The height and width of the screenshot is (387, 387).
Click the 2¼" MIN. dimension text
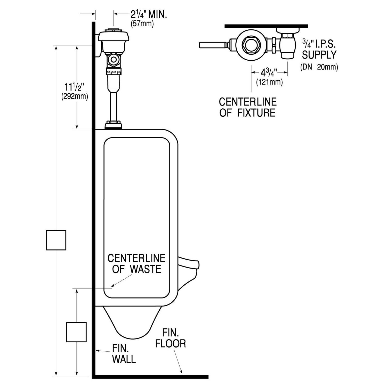pos(149,14)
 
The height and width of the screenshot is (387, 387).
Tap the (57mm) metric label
pos(142,24)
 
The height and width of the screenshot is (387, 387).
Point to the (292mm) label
pos(75,96)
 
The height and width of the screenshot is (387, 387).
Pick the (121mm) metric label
pos(269,82)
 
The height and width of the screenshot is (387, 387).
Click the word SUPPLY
pos(319,55)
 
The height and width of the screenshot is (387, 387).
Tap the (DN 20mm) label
pos(319,67)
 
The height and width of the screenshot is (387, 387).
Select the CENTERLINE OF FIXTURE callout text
pos(248,107)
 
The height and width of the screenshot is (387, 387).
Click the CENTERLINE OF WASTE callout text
pos(136,263)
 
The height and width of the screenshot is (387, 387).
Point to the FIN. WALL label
pos(124,354)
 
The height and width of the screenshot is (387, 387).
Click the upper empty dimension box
pos(56,240)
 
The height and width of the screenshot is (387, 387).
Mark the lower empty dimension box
pos(76,332)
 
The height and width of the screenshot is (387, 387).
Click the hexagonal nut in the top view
pos(250,45)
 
